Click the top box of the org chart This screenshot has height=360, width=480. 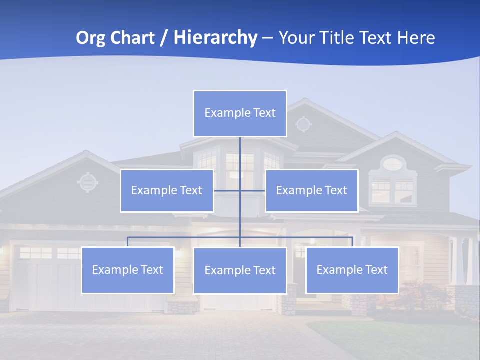[240, 113]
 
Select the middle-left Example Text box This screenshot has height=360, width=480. [167, 190]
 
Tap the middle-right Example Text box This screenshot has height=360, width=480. [311, 190]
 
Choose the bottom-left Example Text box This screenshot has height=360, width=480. [128, 270]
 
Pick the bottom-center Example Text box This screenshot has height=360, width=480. [240, 270]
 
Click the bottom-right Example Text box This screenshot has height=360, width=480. [352, 270]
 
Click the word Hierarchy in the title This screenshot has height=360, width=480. [215, 37]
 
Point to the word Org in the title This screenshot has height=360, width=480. [91, 37]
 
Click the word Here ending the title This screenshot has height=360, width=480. [416, 37]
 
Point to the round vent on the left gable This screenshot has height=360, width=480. [88, 182]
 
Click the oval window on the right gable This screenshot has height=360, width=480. [393, 163]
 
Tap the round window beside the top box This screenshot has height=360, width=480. [303, 123]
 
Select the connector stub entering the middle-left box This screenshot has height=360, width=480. [226, 190]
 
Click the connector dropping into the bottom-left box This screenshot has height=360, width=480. [128, 242]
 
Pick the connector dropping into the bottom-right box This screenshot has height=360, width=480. [352, 242]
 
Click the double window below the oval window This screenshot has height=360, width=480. [392, 190]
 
